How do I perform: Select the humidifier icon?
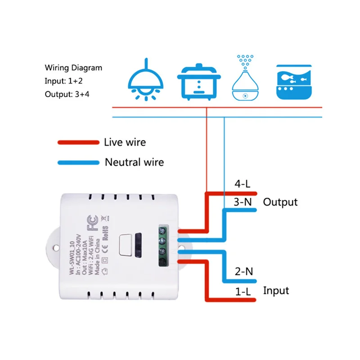[x=246, y=78]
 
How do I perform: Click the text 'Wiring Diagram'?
[x=73, y=68]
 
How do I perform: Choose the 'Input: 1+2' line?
[x=63, y=81]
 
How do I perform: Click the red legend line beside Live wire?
[x=78, y=142]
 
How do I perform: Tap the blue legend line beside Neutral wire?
[x=78, y=162]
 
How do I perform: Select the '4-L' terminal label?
[x=243, y=184]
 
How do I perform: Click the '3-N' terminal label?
[x=243, y=202]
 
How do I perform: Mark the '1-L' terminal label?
[x=243, y=291]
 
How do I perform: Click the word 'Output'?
[x=280, y=202]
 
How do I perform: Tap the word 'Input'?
[x=276, y=291]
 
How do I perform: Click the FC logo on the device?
[x=93, y=224]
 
